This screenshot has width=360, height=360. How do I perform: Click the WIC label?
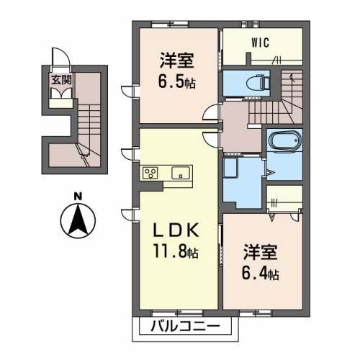point(261,42)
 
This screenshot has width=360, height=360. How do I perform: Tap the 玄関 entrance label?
point(62,80)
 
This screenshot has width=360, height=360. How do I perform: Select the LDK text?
point(176,230)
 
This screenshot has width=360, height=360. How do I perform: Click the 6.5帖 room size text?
point(176,82)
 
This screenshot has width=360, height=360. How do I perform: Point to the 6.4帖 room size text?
point(261,274)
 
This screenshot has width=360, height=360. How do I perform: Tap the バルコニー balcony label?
point(185,326)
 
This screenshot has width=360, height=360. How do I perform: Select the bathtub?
point(285,141)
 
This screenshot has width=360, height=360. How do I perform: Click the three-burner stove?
point(150,173)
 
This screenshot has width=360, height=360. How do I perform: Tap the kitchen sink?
point(181,173)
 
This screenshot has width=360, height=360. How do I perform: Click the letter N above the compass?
point(78,197)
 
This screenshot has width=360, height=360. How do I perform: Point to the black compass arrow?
point(78,219)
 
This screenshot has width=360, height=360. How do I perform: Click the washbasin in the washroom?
point(230,168)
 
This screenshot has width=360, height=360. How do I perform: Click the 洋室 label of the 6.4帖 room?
point(261,252)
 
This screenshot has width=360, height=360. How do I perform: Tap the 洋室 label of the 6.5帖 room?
point(177,60)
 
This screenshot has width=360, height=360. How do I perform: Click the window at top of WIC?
point(250,24)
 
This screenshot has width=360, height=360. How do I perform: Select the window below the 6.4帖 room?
point(256,313)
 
